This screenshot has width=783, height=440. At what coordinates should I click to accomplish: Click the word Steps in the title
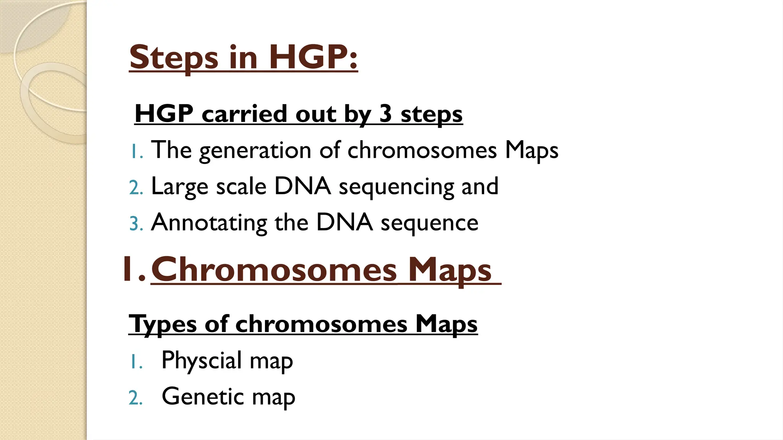(174, 58)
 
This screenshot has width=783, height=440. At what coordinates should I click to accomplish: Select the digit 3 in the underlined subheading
(386, 113)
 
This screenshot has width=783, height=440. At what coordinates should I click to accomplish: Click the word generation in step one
(255, 150)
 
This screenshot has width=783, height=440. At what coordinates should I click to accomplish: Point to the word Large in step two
(180, 187)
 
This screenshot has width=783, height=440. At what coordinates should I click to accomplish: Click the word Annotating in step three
(209, 223)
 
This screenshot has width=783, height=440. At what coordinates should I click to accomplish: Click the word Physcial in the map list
(201, 360)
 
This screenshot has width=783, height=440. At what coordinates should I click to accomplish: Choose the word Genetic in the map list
(203, 396)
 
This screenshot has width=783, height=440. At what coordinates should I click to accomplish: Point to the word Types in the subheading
(162, 325)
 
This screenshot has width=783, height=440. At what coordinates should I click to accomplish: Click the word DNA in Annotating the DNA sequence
(344, 223)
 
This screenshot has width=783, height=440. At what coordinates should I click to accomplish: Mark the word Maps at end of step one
(531, 150)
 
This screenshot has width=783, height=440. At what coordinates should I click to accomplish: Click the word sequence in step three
(429, 223)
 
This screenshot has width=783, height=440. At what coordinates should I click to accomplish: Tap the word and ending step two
(480, 187)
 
